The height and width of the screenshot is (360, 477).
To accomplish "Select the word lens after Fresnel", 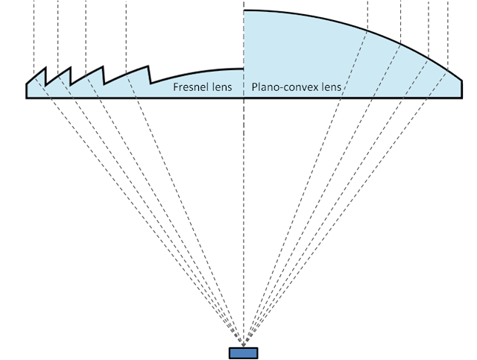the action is click(x=222, y=87).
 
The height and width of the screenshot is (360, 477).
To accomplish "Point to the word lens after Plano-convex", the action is click(x=329, y=87).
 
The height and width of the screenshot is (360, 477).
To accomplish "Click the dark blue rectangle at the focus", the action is click(x=244, y=353).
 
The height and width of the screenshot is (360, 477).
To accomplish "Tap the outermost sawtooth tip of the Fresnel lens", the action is click(x=46, y=68).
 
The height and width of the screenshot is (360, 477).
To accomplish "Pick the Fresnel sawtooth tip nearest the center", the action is click(x=148, y=66).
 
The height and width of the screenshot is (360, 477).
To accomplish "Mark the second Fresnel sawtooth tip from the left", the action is click(x=71, y=67).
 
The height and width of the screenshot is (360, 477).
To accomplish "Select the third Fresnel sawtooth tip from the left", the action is click(x=103, y=66).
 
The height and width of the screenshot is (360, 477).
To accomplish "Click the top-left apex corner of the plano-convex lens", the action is click(x=244, y=11).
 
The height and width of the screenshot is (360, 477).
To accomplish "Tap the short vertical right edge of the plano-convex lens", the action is click(x=462, y=89).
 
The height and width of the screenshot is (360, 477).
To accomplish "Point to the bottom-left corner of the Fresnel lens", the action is click(x=27, y=98).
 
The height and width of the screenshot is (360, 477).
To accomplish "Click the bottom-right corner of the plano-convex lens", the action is click(x=462, y=98).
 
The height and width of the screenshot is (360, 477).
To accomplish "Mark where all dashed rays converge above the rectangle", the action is click(x=244, y=347).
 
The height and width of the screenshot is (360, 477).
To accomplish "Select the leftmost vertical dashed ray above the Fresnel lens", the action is click(x=34, y=38).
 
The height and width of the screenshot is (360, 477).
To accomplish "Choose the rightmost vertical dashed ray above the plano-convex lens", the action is click(x=448, y=35).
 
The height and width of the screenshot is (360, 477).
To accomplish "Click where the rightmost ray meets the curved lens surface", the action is click(x=448, y=71).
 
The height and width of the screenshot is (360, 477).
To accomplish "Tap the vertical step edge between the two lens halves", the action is click(x=244, y=40).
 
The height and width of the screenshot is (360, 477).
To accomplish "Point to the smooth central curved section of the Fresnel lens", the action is click(x=196, y=73).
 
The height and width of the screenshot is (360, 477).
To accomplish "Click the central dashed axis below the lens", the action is click(x=244, y=222).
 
